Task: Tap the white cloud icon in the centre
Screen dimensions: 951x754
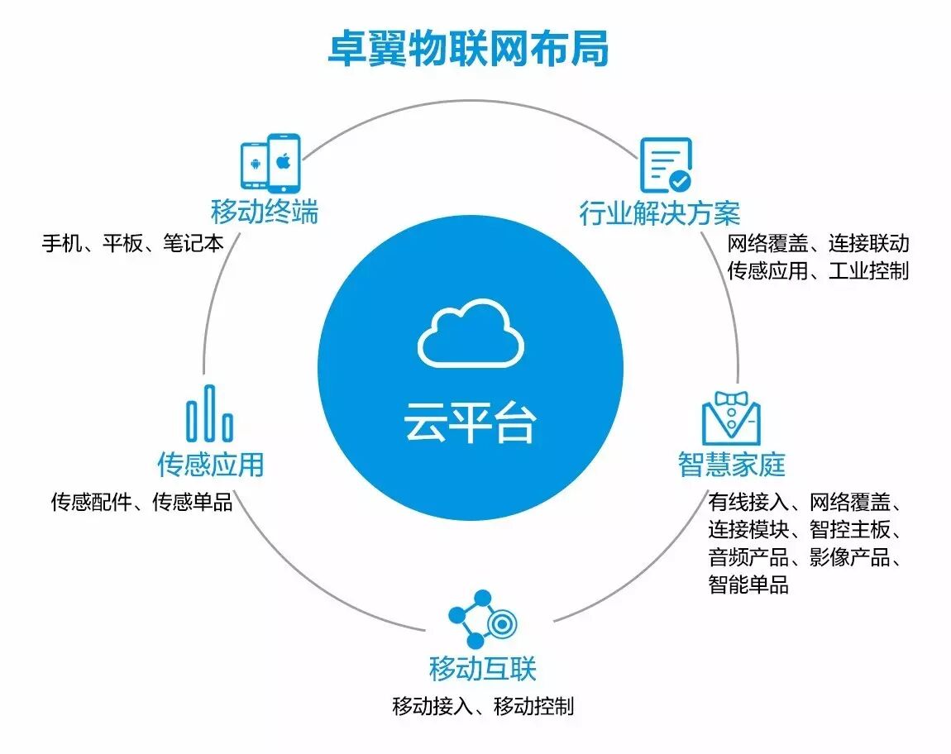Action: pyautogui.click(x=471, y=335)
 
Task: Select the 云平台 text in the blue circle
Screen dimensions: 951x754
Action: pyautogui.click(x=470, y=422)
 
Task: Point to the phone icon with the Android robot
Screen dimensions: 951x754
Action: pyautogui.click(x=254, y=165)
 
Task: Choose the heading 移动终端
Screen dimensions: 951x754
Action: pyautogui.click(x=265, y=212)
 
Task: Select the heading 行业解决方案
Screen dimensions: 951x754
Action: pyautogui.click(x=660, y=213)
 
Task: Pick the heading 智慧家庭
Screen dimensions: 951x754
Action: pyautogui.click(x=731, y=464)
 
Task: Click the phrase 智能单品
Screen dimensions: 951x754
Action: pyautogui.click(x=748, y=585)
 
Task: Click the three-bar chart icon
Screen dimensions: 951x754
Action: pyautogui.click(x=209, y=413)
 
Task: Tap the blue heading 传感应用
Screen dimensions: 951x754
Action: pyautogui.click(x=211, y=464)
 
